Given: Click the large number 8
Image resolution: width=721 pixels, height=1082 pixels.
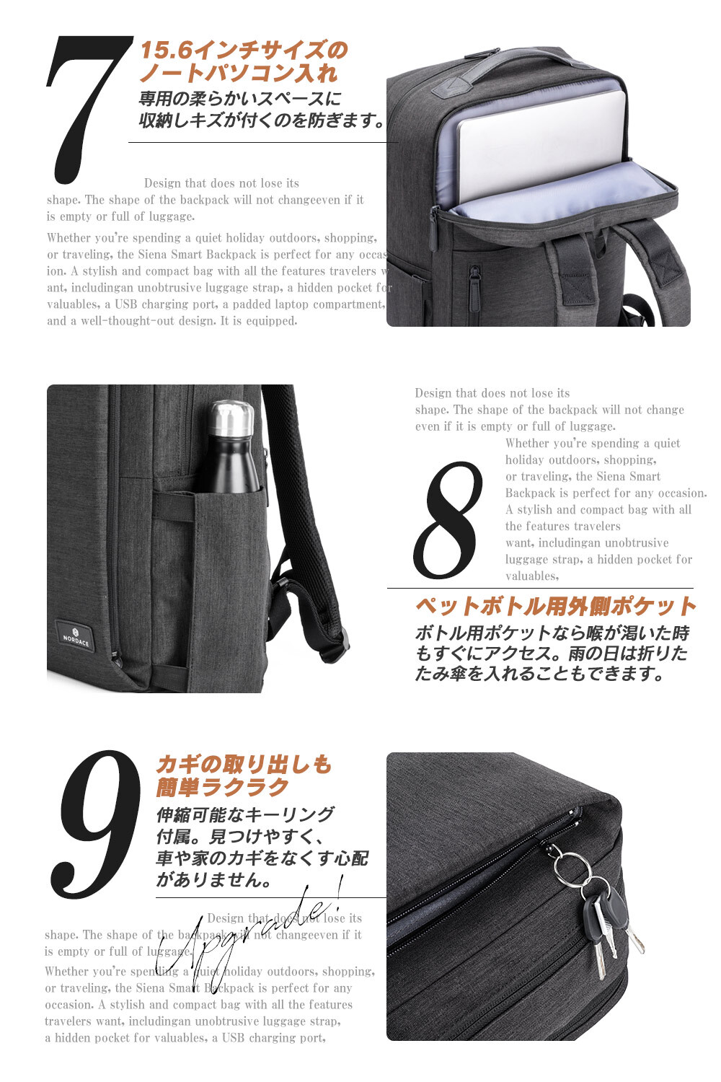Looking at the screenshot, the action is [448, 520].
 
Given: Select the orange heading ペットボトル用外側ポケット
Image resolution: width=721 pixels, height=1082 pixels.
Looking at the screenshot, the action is [555, 606].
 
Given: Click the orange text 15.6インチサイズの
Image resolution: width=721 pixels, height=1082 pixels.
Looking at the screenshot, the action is [244, 50].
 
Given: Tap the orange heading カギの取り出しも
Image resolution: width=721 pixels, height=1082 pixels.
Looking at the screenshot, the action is [244, 764].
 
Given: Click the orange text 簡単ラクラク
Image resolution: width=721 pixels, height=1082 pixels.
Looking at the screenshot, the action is [222, 787].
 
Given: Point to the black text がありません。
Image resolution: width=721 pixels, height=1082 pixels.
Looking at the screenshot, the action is [213, 879].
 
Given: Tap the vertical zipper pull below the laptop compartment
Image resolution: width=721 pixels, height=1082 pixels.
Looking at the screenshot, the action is [474, 285].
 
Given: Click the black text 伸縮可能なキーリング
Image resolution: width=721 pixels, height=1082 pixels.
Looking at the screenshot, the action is [245, 814].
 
